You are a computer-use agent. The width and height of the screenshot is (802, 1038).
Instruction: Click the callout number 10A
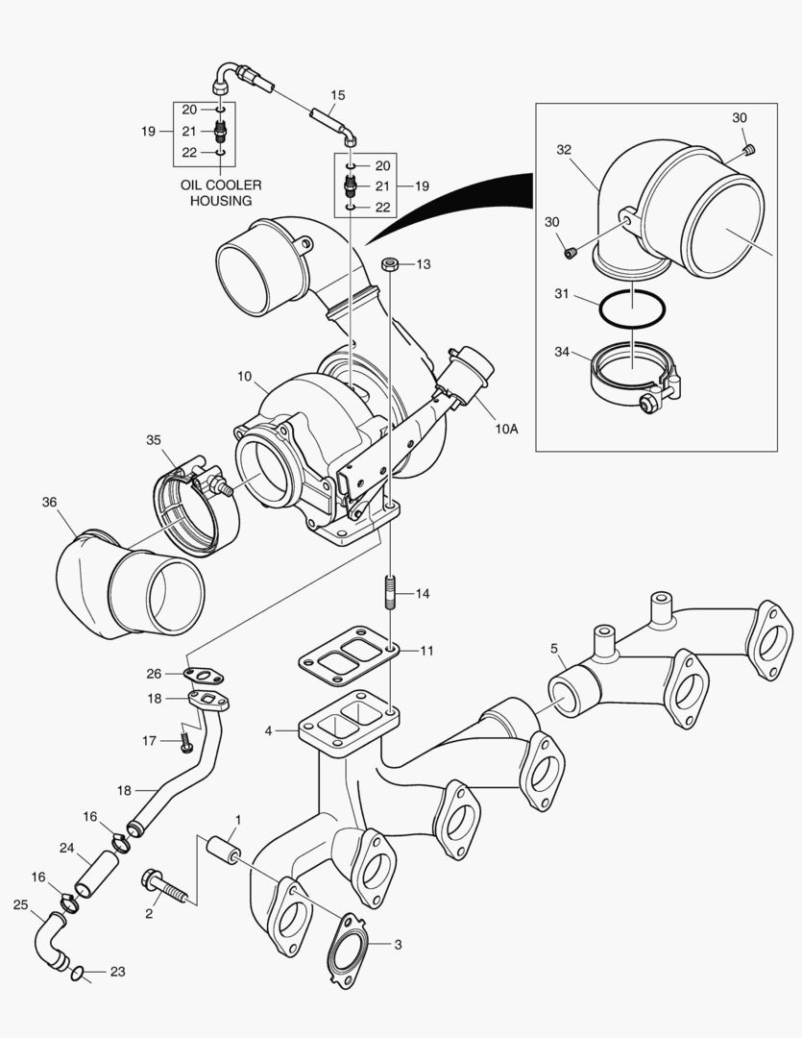point(506,429)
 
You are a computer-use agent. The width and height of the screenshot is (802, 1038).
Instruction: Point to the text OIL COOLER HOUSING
point(220,192)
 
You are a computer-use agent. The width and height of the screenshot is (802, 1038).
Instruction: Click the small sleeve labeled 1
point(223,850)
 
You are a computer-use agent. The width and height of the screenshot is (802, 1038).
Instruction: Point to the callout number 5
point(554,649)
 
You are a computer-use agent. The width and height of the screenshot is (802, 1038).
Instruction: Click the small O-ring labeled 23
point(77,976)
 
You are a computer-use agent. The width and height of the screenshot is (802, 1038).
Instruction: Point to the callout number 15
point(337,95)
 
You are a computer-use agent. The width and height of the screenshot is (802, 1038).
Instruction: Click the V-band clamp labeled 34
point(635,379)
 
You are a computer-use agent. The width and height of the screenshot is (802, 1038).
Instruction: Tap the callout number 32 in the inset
point(564,149)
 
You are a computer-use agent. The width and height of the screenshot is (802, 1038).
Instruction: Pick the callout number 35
point(154,440)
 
